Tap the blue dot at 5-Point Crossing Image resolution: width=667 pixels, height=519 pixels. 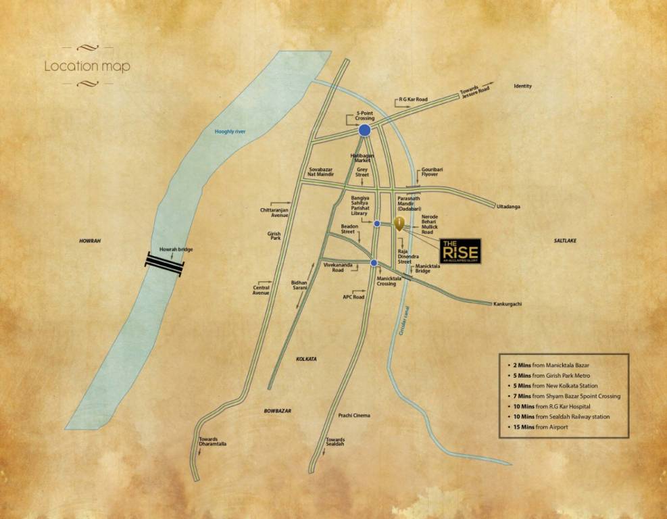365,130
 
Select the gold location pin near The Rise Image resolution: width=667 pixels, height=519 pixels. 399,224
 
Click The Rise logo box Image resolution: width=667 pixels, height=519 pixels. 460,251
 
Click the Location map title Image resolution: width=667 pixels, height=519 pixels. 87,67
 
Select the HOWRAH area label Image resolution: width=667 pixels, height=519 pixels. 89,240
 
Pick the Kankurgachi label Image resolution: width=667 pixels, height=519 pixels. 509,304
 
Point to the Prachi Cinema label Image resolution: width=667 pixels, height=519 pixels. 354,415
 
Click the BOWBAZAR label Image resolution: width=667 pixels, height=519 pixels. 277,411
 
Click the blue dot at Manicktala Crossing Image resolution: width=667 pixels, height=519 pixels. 374,263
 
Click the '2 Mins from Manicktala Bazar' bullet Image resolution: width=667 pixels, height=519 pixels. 548,364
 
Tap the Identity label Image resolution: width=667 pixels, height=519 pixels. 523,86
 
